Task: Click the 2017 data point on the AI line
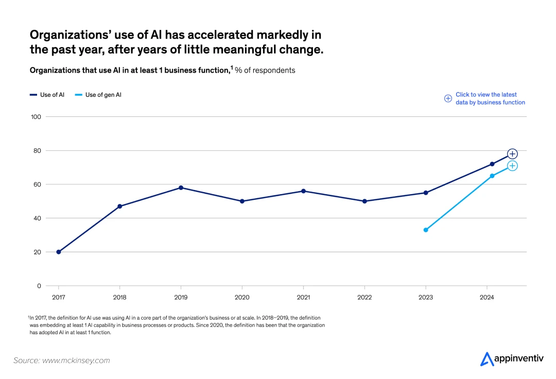[x=59, y=252]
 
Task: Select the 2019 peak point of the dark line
[x=181, y=187]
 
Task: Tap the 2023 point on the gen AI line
[x=426, y=230]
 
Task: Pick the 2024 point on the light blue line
[x=492, y=176]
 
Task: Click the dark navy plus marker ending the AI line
[x=512, y=153]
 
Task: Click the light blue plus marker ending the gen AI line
[x=512, y=165]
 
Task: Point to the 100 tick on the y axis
[x=36, y=117]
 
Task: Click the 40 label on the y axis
[x=37, y=218]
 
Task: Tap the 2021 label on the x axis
[x=303, y=297]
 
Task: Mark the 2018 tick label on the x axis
[x=119, y=297]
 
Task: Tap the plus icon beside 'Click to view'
[x=448, y=98]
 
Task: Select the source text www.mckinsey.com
[x=76, y=360]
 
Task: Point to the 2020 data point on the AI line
[x=242, y=201]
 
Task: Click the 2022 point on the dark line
[x=364, y=201]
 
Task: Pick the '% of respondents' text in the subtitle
[x=265, y=70]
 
